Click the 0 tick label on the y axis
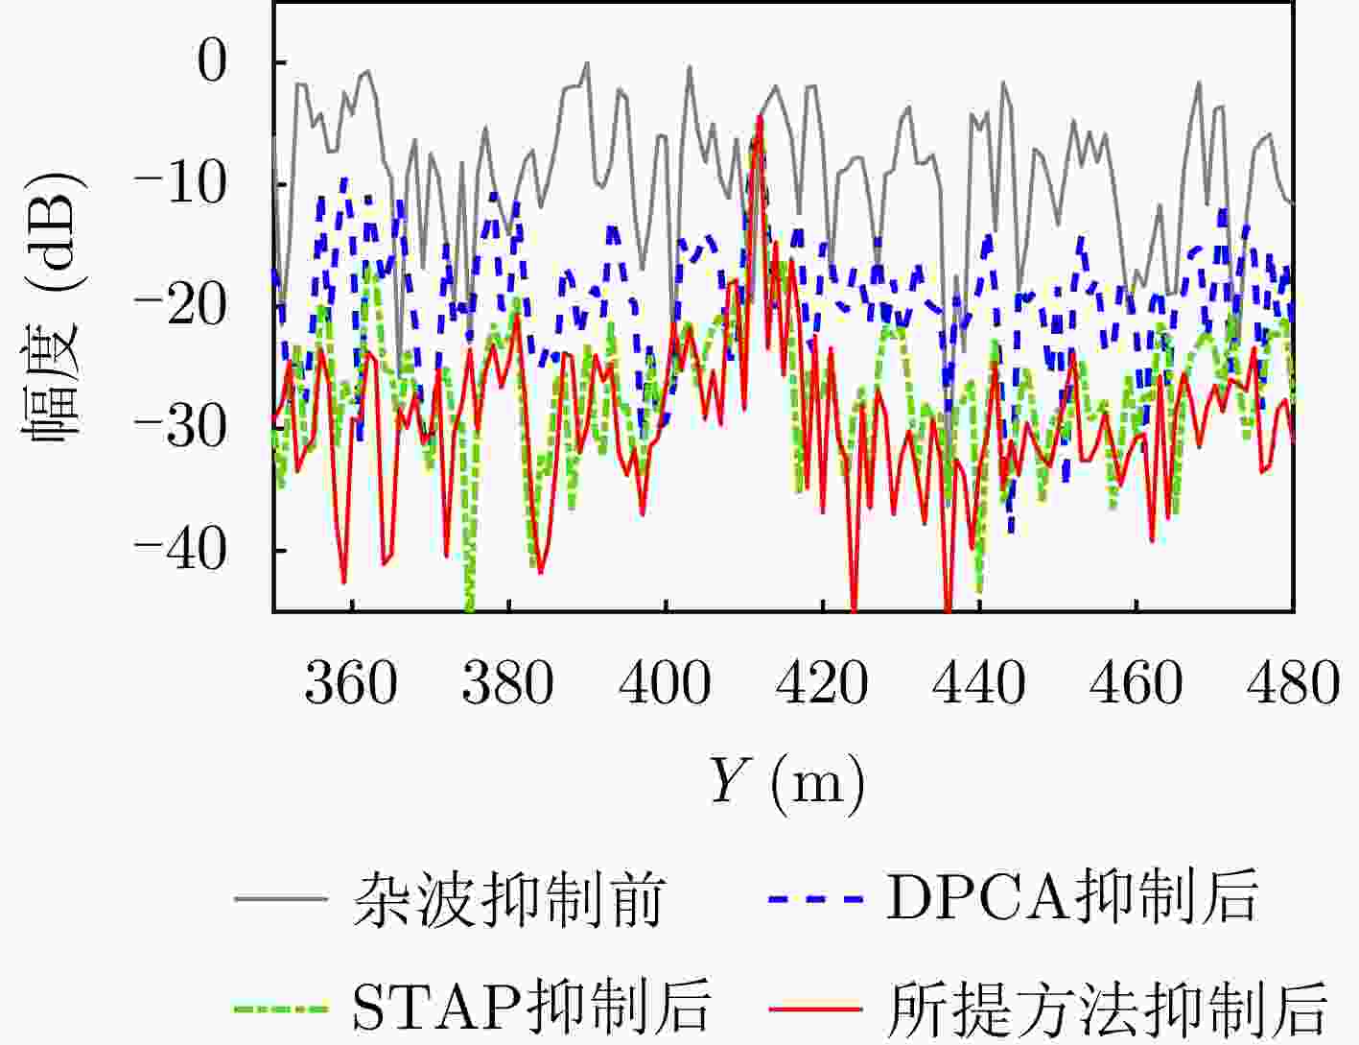[x=213, y=63]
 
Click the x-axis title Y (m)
[x=786, y=781]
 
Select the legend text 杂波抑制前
[x=508, y=900]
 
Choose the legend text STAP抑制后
[x=531, y=1008]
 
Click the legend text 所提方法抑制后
[x=1108, y=1008]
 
